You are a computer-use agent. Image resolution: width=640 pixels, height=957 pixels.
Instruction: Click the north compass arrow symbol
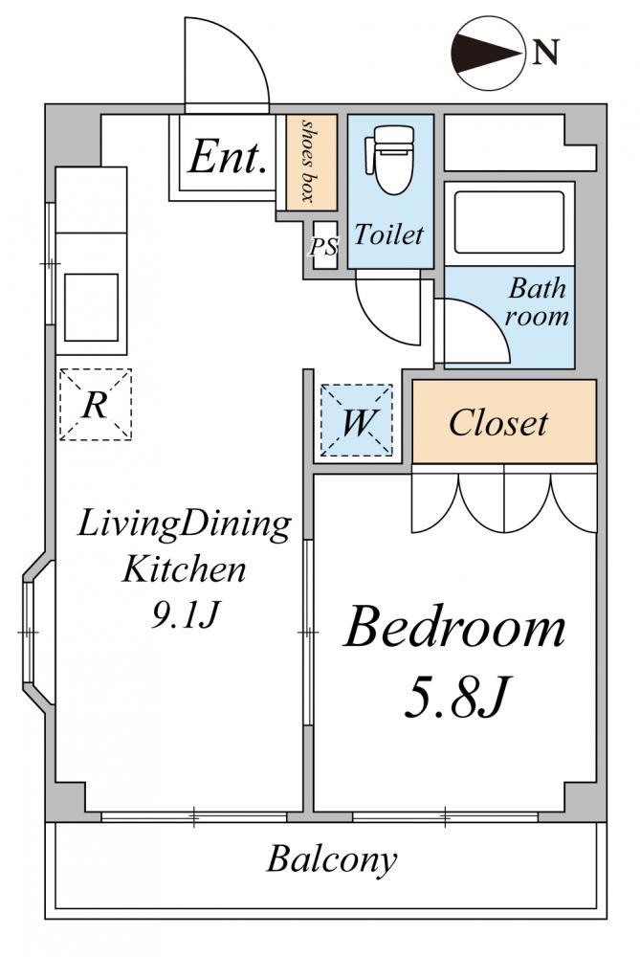(489, 54)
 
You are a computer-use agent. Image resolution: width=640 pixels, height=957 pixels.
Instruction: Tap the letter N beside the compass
(545, 53)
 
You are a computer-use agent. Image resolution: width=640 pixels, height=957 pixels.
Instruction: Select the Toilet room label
(388, 234)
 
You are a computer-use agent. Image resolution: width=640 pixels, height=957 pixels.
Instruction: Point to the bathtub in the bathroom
(509, 222)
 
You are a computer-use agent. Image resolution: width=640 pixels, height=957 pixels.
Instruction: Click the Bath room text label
(537, 302)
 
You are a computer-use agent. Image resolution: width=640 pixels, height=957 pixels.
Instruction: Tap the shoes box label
(311, 161)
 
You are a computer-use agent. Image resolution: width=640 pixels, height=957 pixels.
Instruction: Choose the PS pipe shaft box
(323, 246)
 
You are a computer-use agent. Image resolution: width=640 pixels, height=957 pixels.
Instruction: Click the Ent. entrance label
(227, 157)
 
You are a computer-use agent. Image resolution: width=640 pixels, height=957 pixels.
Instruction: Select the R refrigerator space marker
(95, 404)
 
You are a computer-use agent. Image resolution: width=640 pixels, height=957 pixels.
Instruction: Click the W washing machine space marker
(356, 420)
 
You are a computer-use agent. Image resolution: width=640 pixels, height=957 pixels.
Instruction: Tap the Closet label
(498, 423)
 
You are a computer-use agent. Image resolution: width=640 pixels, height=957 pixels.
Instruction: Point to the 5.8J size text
(454, 696)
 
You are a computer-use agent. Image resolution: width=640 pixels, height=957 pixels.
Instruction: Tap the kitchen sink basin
(92, 307)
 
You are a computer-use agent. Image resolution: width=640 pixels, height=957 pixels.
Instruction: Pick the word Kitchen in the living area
(184, 570)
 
